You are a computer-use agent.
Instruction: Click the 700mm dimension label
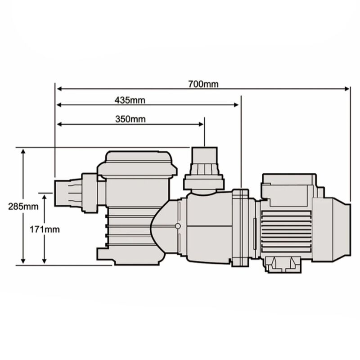[203, 84]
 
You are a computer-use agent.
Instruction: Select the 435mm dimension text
[130, 100]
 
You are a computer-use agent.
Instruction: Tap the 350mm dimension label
[130, 119]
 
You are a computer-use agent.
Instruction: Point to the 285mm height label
[22, 207]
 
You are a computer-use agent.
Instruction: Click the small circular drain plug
[178, 226]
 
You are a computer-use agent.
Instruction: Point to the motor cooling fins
[286, 229]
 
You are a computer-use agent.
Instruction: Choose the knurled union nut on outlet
[204, 170]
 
